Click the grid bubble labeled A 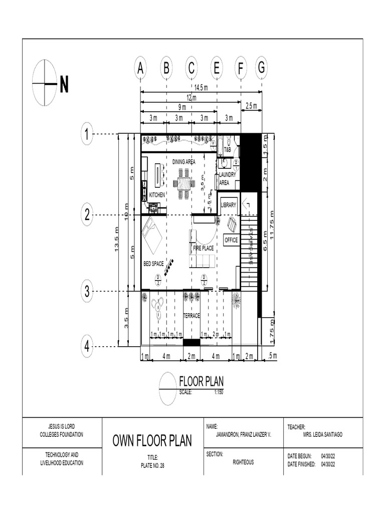click(141, 69)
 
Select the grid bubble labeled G click(261, 68)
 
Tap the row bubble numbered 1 click(87, 134)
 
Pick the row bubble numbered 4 click(87, 346)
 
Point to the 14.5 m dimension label click(201, 88)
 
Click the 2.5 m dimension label click(251, 106)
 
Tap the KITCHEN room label click(157, 194)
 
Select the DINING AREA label click(184, 162)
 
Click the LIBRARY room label click(229, 205)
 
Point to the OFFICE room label click(231, 240)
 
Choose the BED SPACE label click(153, 264)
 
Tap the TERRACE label click(191, 316)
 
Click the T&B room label click(227, 149)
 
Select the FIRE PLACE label click(204, 248)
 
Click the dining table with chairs click(184, 183)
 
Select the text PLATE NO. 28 click(152, 465)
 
